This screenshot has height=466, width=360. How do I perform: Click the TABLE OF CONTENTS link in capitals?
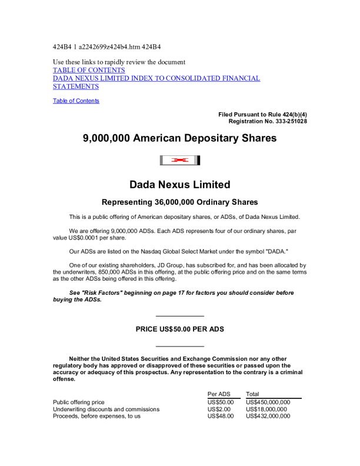pyautogui.click(x=89, y=70)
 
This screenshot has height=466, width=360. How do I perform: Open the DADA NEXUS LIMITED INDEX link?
pyautogui.click(x=156, y=78)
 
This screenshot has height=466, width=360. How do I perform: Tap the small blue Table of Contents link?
pyautogui.click(x=76, y=101)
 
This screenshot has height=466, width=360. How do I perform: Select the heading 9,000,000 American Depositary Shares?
pyautogui.click(x=179, y=139)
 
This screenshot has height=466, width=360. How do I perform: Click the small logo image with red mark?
pyautogui.click(x=180, y=160)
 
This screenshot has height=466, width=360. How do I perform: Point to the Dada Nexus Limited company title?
pyautogui.click(x=179, y=185)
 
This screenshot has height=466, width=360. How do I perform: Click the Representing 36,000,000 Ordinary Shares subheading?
pyautogui.click(x=179, y=202)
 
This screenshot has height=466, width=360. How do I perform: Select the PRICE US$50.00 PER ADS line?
pyautogui.click(x=179, y=329)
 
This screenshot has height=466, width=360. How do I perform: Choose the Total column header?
pyautogui.click(x=252, y=394)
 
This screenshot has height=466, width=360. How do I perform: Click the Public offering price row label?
pyautogui.click(x=79, y=402)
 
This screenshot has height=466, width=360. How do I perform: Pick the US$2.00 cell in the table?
pyautogui.click(x=219, y=409)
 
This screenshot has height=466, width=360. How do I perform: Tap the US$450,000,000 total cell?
pyautogui.click(x=268, y=402)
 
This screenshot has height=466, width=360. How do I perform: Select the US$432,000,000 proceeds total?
pyautogui.click(x=268, y=416)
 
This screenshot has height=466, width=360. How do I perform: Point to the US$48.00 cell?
pyautogui.click(x=221, y=416)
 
